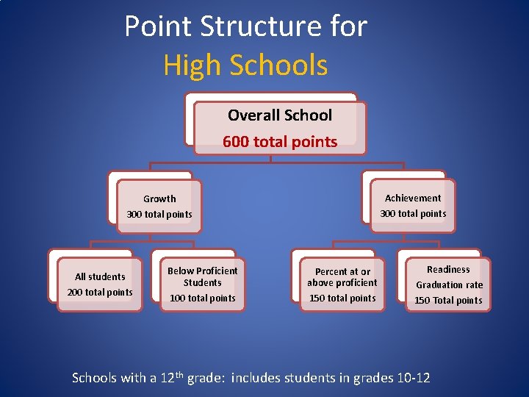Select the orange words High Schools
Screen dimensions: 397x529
[x=245, y=65]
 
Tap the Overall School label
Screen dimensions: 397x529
[x=279, y=115]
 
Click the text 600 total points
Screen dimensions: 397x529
[x=279, y=142]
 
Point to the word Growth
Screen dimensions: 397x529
[x=159, y=198]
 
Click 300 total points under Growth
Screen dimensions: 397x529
[x=159, y=215]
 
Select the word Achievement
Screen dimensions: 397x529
[x=413, y=198]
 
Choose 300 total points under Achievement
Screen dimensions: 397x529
[x=413, y=214]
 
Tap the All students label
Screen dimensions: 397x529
[x=100, y=276]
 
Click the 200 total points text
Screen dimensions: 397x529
[x=100, y=293]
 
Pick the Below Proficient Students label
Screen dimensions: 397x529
[x=202, y=276]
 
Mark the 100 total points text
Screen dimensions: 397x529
[x=202, y=298]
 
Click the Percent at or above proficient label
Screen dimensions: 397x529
[x=342, y=277]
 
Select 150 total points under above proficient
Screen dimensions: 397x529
[x=342, y=298]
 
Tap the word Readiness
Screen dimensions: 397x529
[x=448, y=270]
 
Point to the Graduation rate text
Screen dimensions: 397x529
[x=449, y=285]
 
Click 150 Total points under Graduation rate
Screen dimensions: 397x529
[x=448, y=301]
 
